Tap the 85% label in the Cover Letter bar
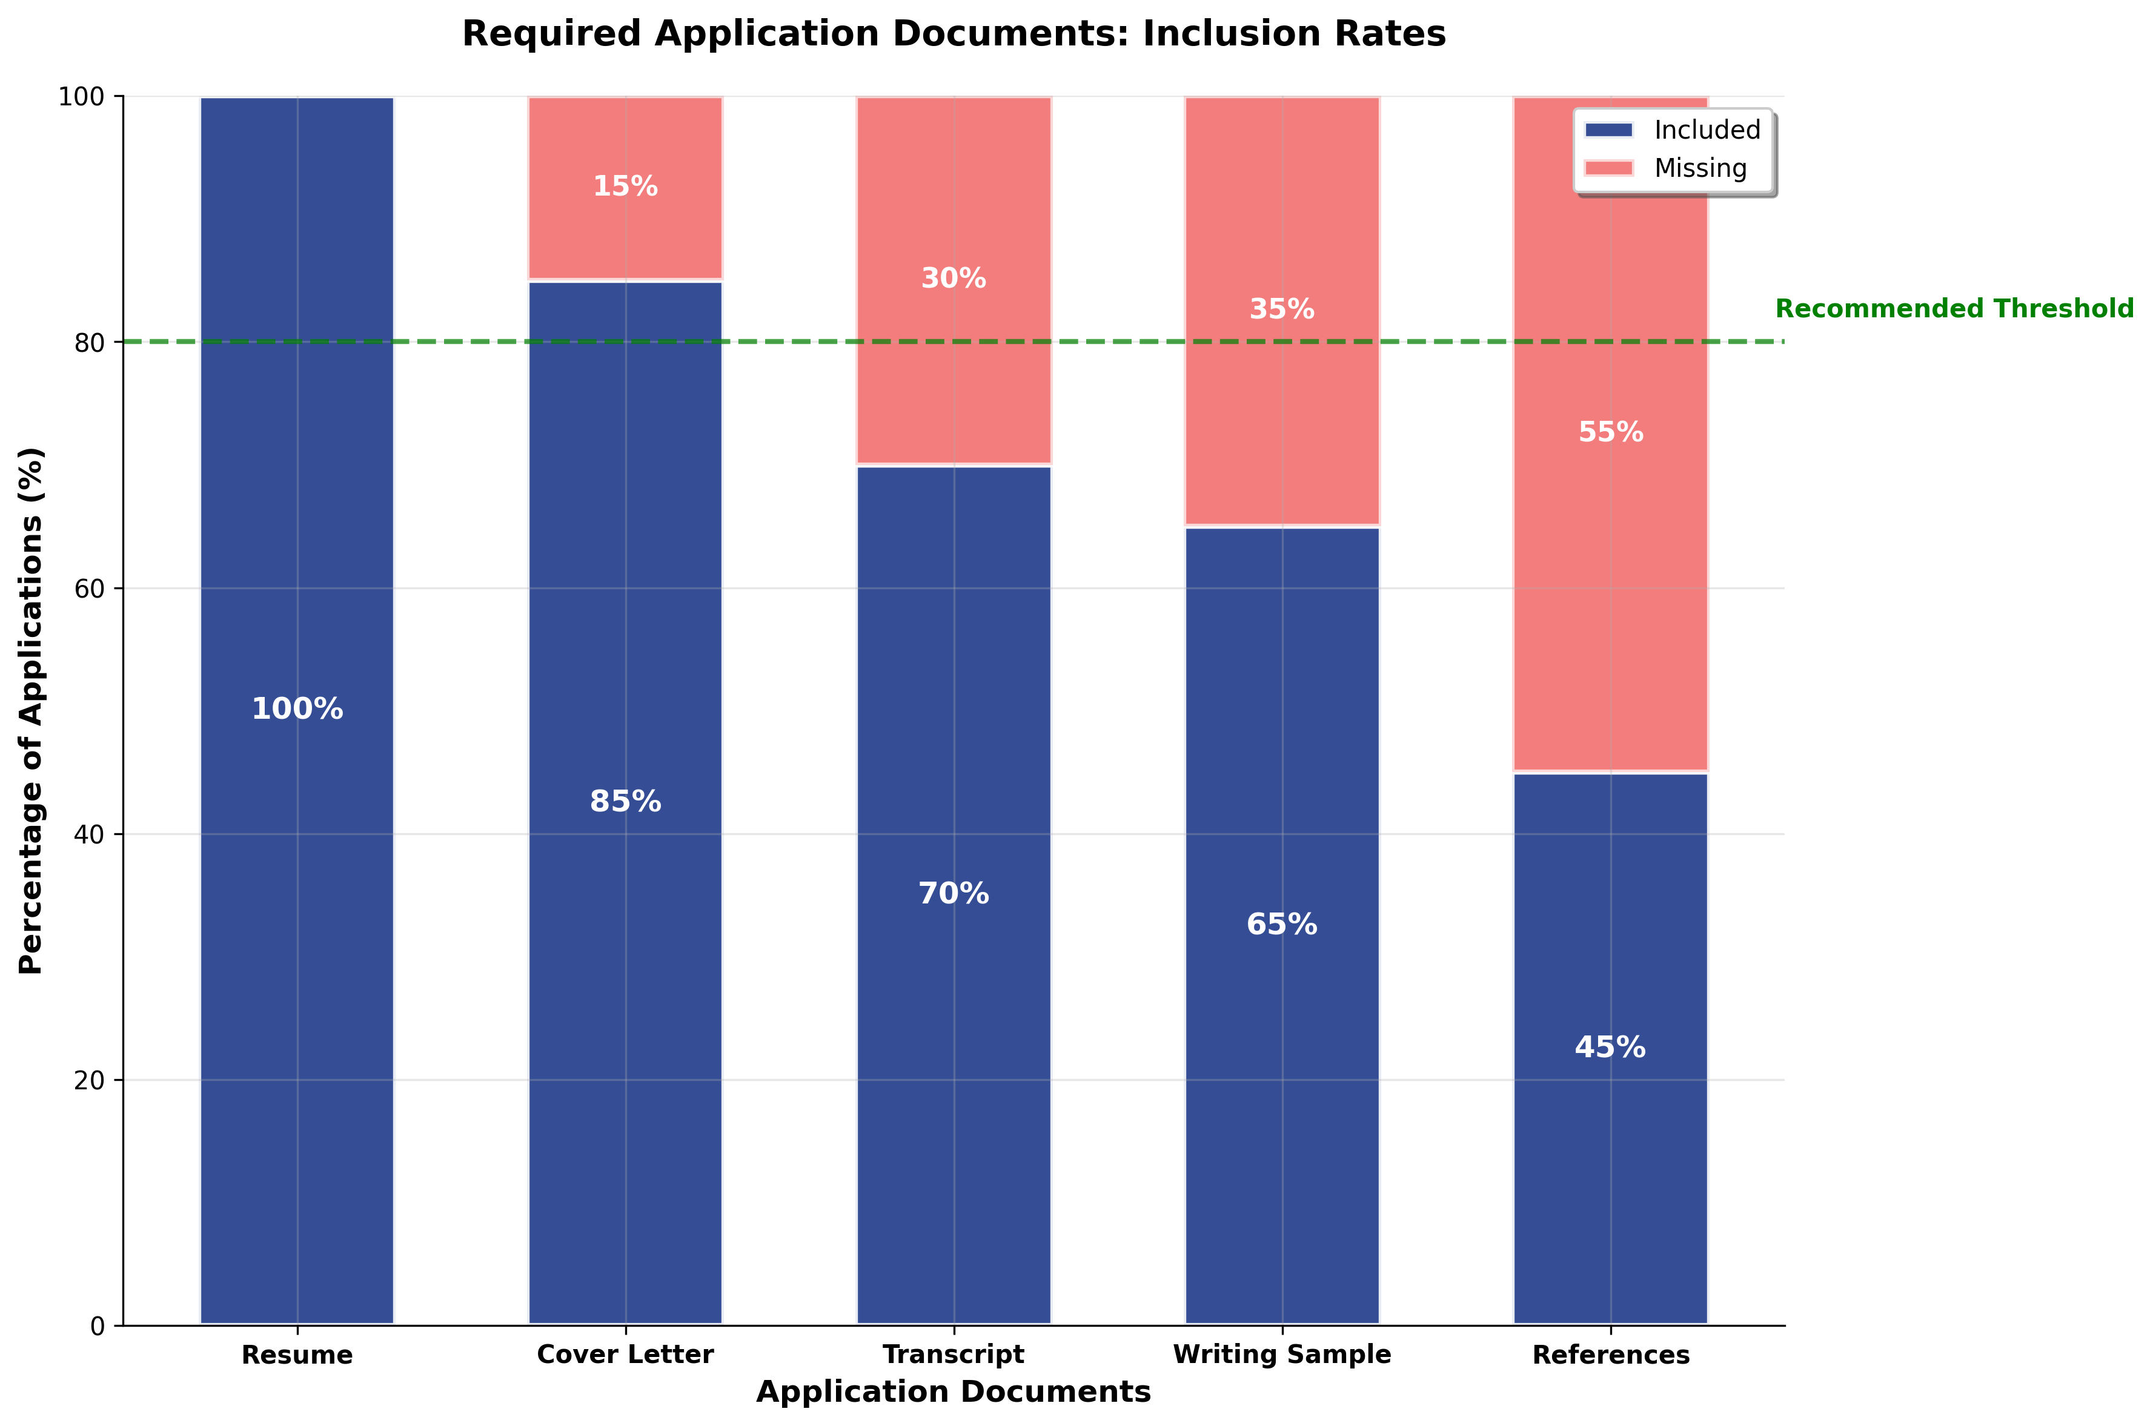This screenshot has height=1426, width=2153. click(x=625, y=801)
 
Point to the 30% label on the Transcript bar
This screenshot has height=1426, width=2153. click(x=954, y=279)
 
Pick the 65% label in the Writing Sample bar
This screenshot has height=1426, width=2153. click(x=1282, y=925)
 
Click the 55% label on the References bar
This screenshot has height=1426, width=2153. click(x=1610, y=432)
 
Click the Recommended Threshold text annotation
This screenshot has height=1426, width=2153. click(x=1954, y=309)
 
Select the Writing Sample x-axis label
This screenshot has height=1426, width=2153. click(x=1282, y=1355)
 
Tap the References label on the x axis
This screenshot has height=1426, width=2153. click(x=1610, y=1355)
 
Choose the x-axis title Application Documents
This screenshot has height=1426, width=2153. click(x=954, y=1392)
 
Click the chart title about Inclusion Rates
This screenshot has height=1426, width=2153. click(x=954, y=35)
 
